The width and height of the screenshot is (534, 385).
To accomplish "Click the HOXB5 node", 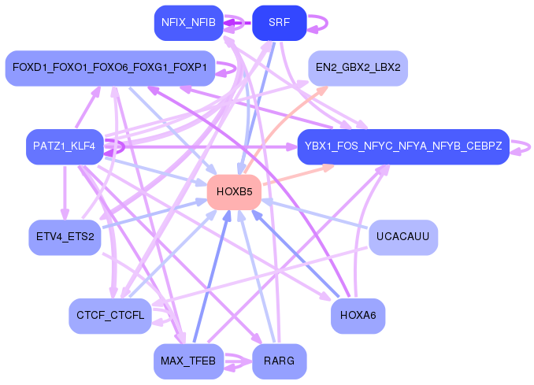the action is pos(234,192).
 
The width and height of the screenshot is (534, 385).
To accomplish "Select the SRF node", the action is pos(280,23).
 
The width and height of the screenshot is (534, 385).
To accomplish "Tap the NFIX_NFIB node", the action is pos(189,23).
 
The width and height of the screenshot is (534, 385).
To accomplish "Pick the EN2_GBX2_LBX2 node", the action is pos(358,68).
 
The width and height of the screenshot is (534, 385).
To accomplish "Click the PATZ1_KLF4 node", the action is pos(65,146).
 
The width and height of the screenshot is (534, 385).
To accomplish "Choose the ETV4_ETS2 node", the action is pos(65,237).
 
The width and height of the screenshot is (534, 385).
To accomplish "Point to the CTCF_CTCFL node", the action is pos(110,316).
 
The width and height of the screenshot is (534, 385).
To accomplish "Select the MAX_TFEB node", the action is pos(189,361).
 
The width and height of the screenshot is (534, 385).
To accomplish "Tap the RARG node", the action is pos(280,361).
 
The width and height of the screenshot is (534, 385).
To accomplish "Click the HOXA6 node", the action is pos(358,316).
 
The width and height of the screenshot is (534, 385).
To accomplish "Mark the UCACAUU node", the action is pos(403,237).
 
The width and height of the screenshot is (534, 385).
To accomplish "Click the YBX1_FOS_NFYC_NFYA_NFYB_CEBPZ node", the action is pos(403,146).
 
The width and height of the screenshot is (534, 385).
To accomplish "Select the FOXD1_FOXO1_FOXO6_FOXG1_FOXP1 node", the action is pos(110,68).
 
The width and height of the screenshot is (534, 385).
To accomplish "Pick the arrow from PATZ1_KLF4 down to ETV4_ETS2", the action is pos(65,193).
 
